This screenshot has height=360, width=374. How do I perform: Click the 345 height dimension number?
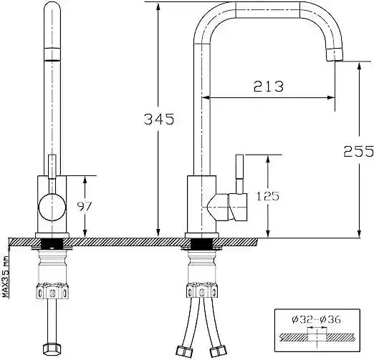click(159, 120)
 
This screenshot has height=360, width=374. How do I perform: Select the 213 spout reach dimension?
click(269, 86)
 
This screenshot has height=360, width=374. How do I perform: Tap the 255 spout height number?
click(358, 151)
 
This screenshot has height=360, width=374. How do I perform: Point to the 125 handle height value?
click(268, 196)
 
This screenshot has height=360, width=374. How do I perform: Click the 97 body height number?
click(85, 206)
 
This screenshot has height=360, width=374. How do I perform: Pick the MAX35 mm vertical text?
click(5, 276)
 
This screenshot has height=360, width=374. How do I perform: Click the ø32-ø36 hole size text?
click(316, 319)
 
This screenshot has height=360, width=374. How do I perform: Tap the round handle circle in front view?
click(52, 207)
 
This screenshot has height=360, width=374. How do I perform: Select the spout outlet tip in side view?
click(335, 54)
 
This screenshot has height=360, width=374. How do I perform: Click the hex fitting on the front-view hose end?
click(51, 349)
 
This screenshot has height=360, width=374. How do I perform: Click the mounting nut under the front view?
click(52, 291)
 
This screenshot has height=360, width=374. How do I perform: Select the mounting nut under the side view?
click(202, 291)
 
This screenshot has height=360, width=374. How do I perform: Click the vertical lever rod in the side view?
click(239, 174)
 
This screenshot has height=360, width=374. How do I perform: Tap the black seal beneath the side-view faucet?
click(202, 244)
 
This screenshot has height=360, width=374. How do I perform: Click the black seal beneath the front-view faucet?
click(52, 244)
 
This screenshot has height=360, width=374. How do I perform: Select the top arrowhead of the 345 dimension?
click(158, 6)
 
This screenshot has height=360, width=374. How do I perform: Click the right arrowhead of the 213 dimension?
click(331, 97)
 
